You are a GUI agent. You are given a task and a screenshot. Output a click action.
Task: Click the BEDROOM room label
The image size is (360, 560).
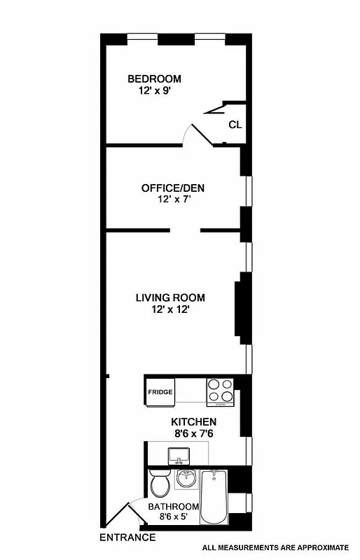pos(154,78)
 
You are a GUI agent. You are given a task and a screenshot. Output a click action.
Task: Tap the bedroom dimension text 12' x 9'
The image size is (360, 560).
pos(154,90)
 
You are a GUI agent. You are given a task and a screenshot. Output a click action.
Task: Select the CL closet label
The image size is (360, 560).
pos(235,125)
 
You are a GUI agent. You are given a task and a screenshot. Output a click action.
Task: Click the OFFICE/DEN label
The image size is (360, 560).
pos(173,188)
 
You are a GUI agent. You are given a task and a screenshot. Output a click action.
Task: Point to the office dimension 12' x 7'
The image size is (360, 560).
pos(173,199)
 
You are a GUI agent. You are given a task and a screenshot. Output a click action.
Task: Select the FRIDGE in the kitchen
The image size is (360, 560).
pos(160,392)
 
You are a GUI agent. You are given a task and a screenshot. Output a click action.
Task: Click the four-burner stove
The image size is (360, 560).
pos(220,391)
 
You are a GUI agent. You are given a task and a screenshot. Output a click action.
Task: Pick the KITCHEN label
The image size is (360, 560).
pos(194,422)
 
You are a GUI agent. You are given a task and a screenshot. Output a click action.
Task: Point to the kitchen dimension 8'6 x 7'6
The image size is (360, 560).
pos(194,433)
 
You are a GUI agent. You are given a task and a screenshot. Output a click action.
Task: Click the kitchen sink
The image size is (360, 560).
pos(179,455)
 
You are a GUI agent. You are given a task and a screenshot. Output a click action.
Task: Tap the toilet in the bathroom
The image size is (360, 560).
pos(160,484)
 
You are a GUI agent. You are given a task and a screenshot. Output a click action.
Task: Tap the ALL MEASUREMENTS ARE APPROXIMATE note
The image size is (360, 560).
pos(275,547)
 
